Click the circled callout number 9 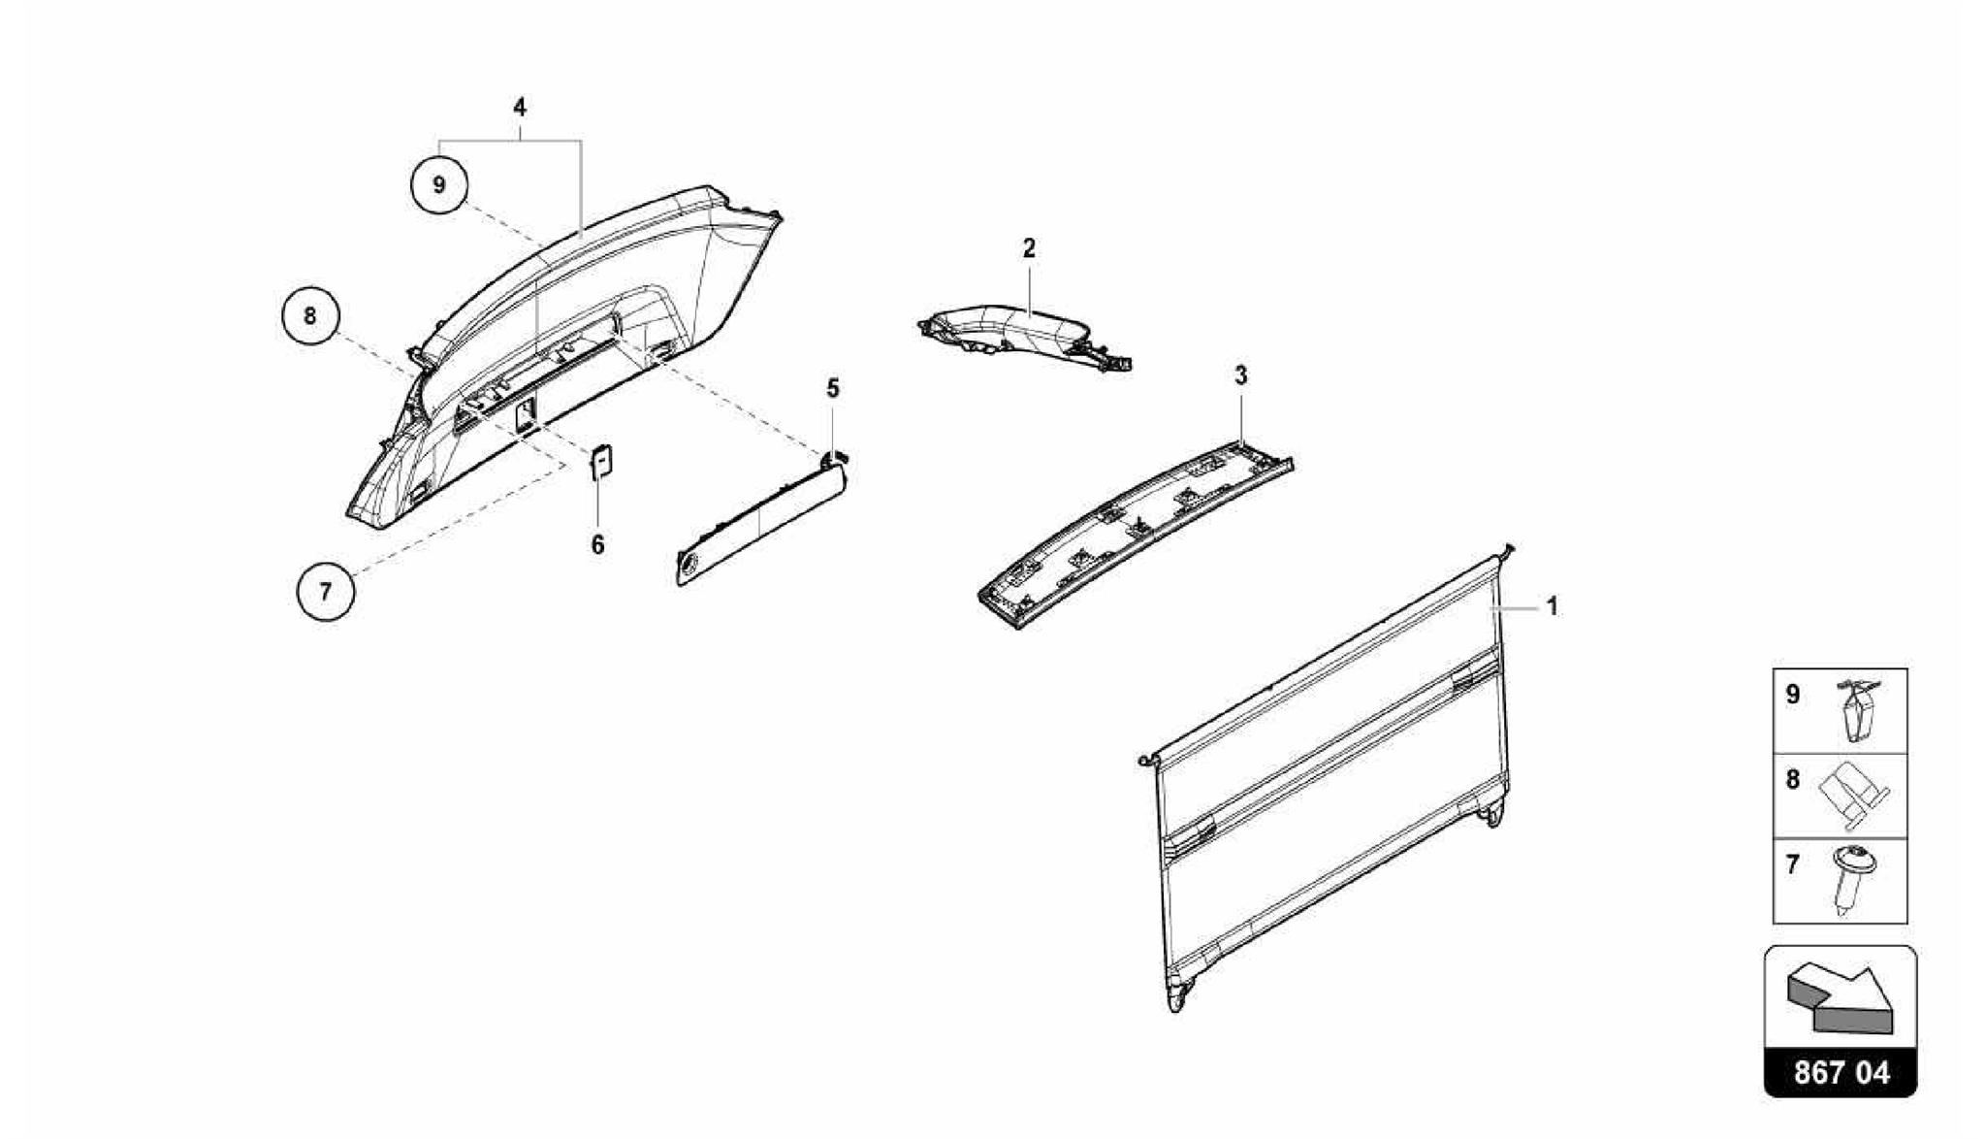(438, 183)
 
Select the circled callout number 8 (309, 316)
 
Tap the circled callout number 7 (325, 590)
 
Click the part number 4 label (520, 107)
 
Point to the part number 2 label (1029, 248)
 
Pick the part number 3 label (1240, 375)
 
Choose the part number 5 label (833, 389)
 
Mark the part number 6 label (597, 545)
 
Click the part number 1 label (1553, 607)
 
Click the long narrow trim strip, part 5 (761, 524)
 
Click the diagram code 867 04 (1841, 1073)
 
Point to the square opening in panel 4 (525, 414)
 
